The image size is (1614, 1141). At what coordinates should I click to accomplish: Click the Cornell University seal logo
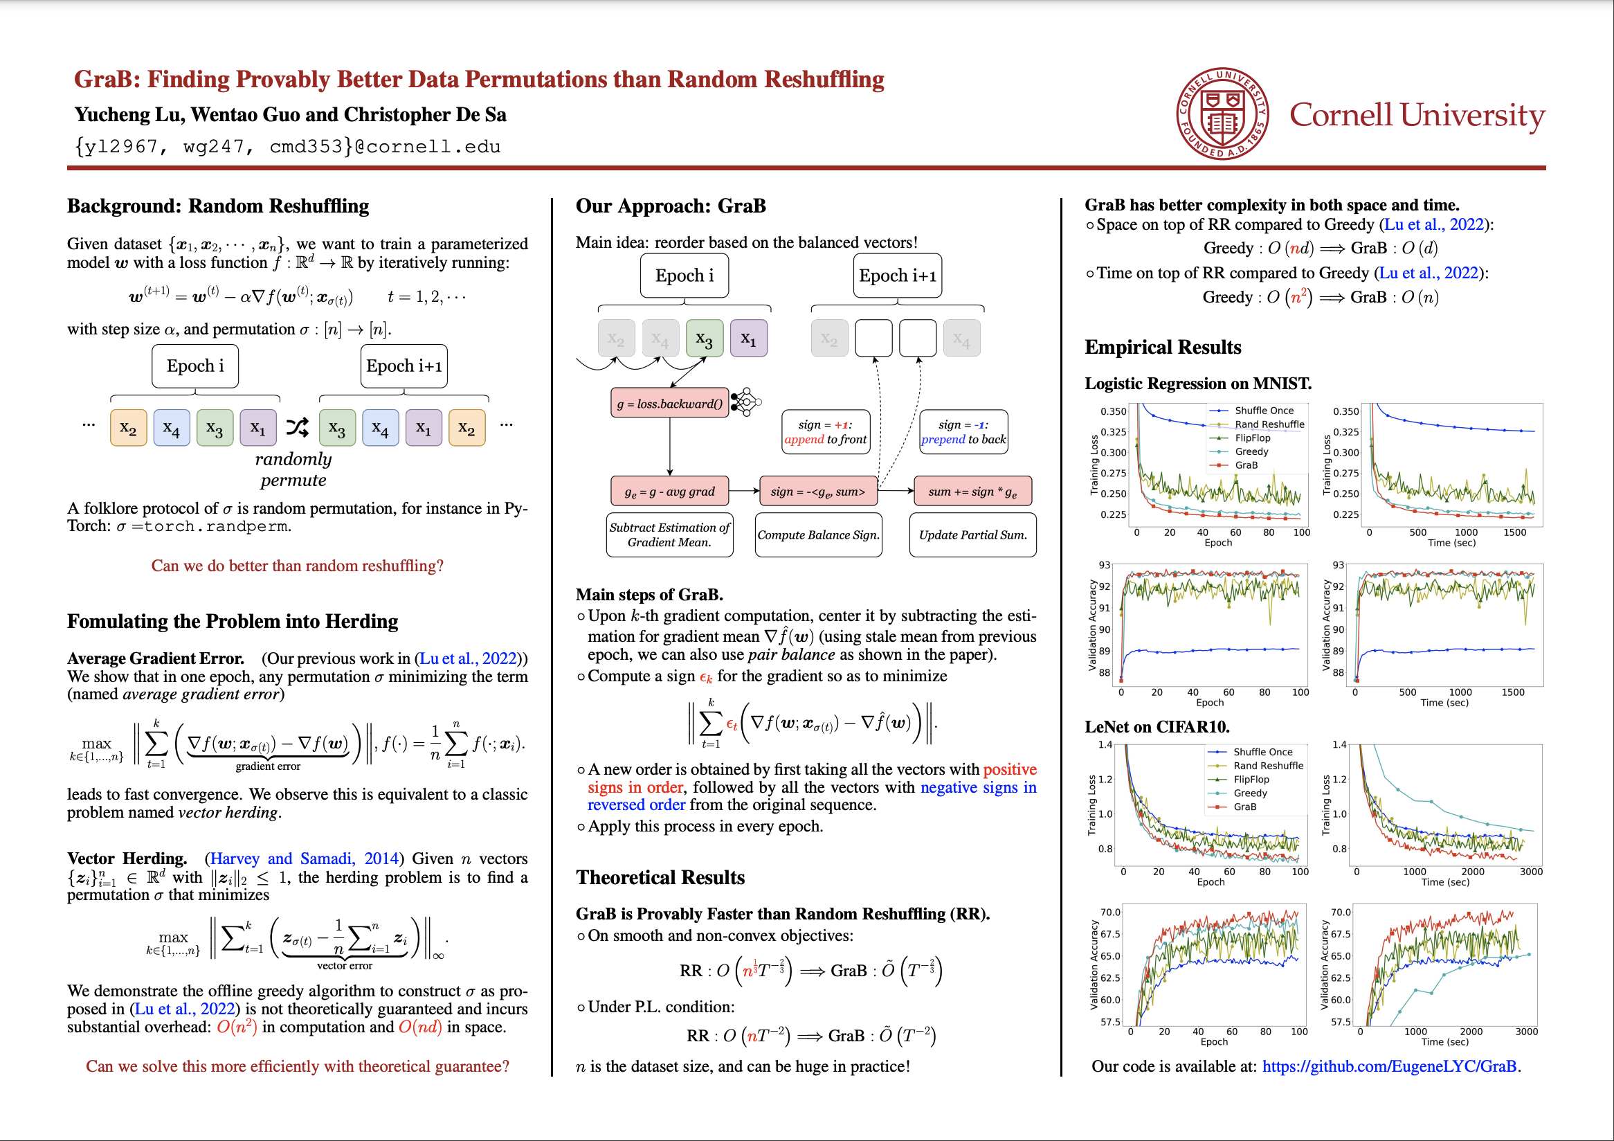[x=1222, y=114]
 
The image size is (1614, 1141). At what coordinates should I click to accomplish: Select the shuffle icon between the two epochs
[x=298, y=426]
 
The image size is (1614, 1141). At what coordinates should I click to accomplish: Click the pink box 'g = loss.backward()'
[x=670, y=404]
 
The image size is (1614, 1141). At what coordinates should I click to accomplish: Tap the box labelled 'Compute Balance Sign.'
[x=818, y=535]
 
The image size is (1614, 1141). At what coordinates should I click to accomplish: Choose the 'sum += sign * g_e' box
[x=973, y=492]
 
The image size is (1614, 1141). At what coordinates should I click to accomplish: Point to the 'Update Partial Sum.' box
[x=973, y=535]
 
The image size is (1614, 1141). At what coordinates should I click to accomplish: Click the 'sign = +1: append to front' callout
[x=825, y=431]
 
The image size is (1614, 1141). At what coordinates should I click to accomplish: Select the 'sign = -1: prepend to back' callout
[x=963, y=431]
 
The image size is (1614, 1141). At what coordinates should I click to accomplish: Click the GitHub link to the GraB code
[x=1389, y=1066]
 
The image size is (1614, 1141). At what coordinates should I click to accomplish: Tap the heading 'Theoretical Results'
[x=660, y=877]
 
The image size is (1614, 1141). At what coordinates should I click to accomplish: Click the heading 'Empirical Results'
[x=1163, y=348]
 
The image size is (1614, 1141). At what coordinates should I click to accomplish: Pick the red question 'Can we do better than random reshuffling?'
[x=298, y=566]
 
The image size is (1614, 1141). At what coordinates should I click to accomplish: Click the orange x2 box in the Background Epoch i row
[x=129, y=427]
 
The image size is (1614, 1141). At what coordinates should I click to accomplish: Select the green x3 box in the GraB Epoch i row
[x=705, y=339]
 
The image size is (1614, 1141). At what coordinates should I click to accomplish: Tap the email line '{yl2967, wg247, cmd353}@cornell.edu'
[x=287, y=146]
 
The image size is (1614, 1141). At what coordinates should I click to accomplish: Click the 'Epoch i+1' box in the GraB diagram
[x=897, y=276]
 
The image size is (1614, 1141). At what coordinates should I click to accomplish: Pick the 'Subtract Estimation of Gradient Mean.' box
[x=669, y=535]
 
